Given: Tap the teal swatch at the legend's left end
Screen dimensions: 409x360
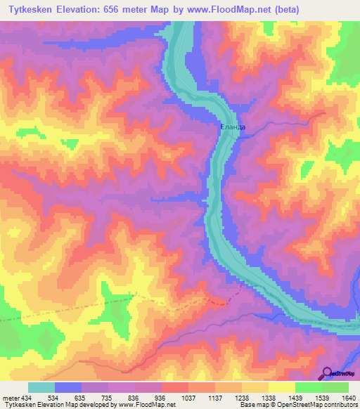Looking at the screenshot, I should click(x=41, y=387).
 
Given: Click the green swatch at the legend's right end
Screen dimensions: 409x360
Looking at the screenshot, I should click(x=335, y=387).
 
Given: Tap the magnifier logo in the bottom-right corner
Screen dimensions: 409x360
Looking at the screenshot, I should click(x=328, y=372).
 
